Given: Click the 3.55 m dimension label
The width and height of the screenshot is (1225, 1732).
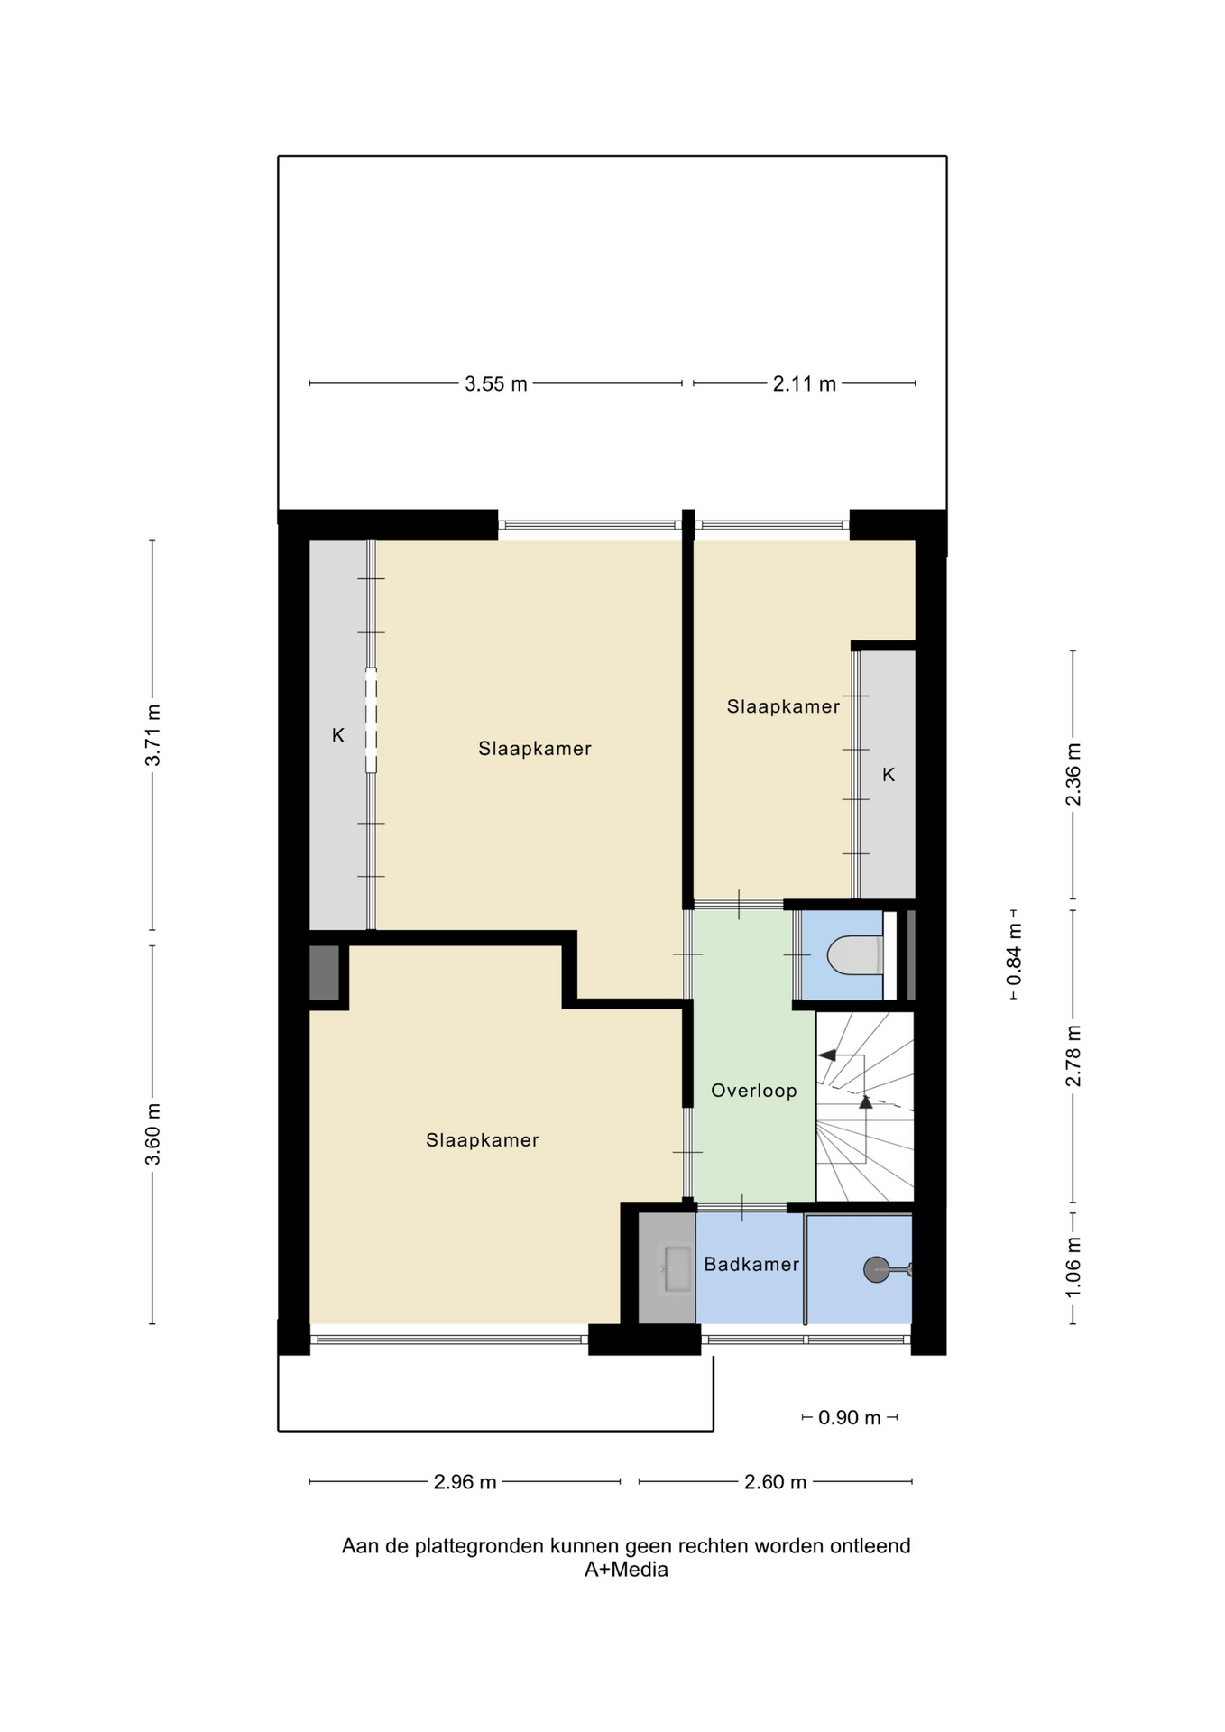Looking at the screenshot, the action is click(x=496, y=384).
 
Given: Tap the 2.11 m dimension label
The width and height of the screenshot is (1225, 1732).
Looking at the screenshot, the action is click(x=805, y=384).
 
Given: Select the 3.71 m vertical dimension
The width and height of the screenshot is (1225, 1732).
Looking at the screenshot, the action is click(x=153, y=735).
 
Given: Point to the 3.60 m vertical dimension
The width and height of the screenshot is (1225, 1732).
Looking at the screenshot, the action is click(x=153, y=1134).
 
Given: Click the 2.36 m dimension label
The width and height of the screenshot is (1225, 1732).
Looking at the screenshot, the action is click(x=1073, y=775).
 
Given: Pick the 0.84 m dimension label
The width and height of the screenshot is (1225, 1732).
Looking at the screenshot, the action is click(x=1015, y=954).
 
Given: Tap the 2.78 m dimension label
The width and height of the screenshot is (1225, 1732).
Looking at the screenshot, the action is click(x=1073, y=1056).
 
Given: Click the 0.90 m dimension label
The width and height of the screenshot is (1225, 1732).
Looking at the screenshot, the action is click(x=850, y=1418).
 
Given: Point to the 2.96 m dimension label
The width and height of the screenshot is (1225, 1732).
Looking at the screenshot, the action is click(x=465, y=1482).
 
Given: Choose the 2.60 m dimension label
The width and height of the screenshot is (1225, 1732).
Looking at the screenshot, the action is click(x=776, y=1482).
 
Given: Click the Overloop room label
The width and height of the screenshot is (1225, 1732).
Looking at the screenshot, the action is click(x=754, y=1091).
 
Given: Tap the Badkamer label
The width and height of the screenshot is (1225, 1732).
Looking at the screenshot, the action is click(x=751, y=1265).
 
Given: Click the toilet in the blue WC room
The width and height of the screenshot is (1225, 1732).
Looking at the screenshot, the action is click(x=855, y=955).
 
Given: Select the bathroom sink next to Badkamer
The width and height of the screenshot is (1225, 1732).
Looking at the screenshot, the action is click(x=677, y=1269).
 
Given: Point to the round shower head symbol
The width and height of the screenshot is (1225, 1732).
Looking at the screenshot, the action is click(x=877, y=1269).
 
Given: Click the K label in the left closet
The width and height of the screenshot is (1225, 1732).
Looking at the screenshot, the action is click(x=338, y=735).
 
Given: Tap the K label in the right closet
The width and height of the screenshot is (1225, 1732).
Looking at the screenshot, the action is click(x=889, y=775).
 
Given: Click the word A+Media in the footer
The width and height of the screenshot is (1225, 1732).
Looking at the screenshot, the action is click(x=626, y=1571).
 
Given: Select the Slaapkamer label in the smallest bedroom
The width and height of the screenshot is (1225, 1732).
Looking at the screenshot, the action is click(x=783, y=706).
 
